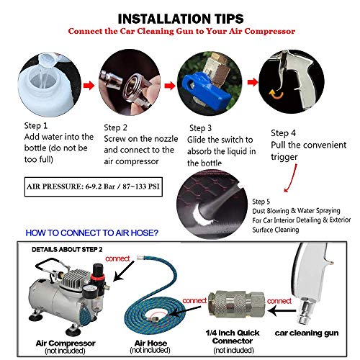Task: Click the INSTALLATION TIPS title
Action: [x=181, y=19]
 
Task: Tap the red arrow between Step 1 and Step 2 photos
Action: [x=89, y=85]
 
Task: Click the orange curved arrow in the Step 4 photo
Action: [x=276, y=94]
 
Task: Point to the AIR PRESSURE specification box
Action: [x=94, y=186]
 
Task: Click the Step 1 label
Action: [x=36, y=125]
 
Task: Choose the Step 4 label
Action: [x=283, y=133]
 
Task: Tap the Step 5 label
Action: [x=261, y=202]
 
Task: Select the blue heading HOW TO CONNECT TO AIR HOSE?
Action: [x=92, y=233]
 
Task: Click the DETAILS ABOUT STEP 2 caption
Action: [x=67, y=250]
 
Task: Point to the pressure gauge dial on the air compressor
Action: [x=88, y=289]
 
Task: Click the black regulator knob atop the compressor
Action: [x=98, y=269]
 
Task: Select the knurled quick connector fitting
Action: [x=236, y=305]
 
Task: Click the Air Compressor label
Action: [x=66, y=343]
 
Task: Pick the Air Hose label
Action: [x=150, y=343]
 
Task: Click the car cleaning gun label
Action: [x=307, y=333]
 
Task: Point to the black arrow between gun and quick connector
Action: [x=282, y=311]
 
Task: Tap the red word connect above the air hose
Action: [x=117, y=258]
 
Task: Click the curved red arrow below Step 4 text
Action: [x=292, y=179]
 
